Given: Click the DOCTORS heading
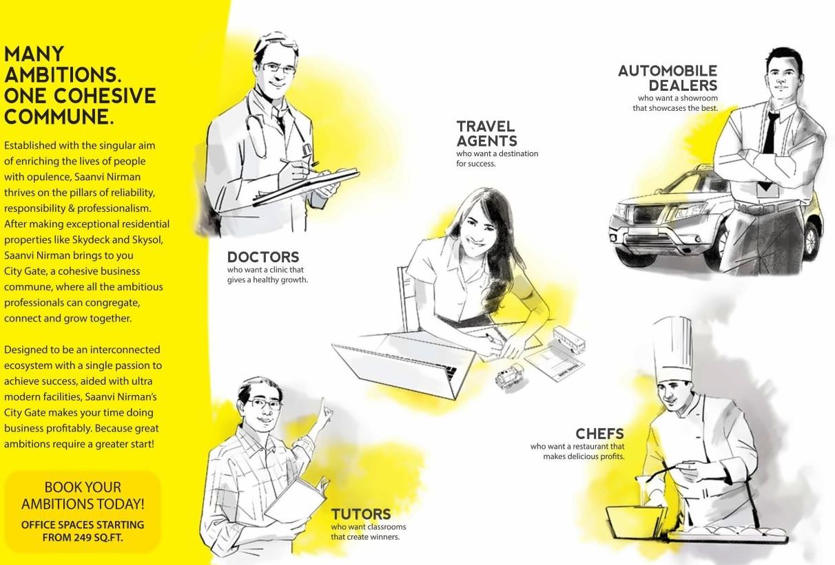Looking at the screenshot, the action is (263, 257).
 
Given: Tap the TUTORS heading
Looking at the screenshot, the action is (361, 514).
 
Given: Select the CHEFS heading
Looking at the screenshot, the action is (600, 434).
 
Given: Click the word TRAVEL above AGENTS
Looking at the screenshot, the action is (486, 126).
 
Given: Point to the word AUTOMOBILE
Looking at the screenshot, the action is (668, 71).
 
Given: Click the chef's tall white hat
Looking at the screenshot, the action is (673, 350).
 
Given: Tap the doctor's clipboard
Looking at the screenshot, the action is (306, 186).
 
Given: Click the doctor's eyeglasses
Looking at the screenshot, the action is (279, 69).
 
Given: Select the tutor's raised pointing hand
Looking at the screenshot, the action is (326, 409).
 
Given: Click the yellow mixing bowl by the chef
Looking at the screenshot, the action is (635, 522).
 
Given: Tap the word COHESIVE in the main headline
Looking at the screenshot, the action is (105, 96).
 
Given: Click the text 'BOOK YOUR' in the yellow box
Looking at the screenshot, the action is (83, 487).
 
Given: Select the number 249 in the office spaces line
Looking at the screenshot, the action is (82, 537).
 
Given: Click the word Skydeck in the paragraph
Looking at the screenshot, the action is (90, 239).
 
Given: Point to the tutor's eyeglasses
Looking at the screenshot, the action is (264, 404).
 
